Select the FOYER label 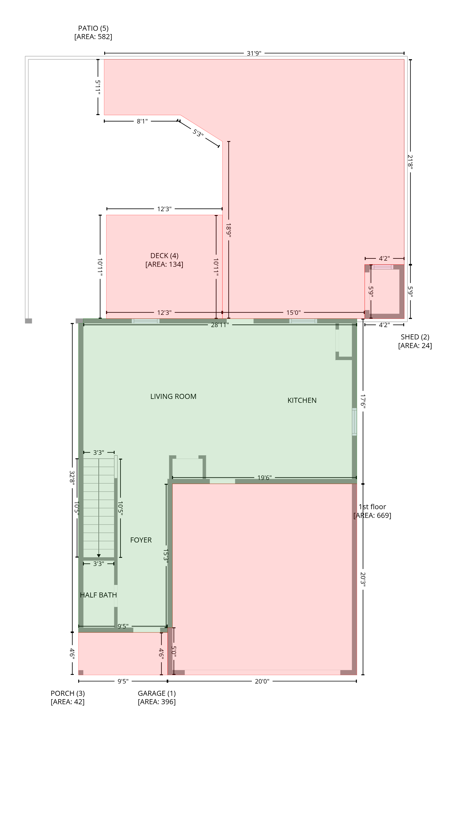coord(141,540)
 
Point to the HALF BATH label coord(98,595)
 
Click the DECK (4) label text coord(164,256)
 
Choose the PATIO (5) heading coord(93,28)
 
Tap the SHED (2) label coord(415,337)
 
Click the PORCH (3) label coord(68,693)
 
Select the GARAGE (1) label coord(157,693)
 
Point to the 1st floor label coord(372,507)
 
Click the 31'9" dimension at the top coord(254,53)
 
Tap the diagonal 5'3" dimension coord(198,133)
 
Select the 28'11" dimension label coord(220,325)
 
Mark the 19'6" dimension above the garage coord(264,478)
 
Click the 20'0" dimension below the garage coord(262,681)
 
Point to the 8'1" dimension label coord(142,121)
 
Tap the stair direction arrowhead coord(99,556)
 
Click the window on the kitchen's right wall coord(354,422)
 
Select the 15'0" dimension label coord(293,313)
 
